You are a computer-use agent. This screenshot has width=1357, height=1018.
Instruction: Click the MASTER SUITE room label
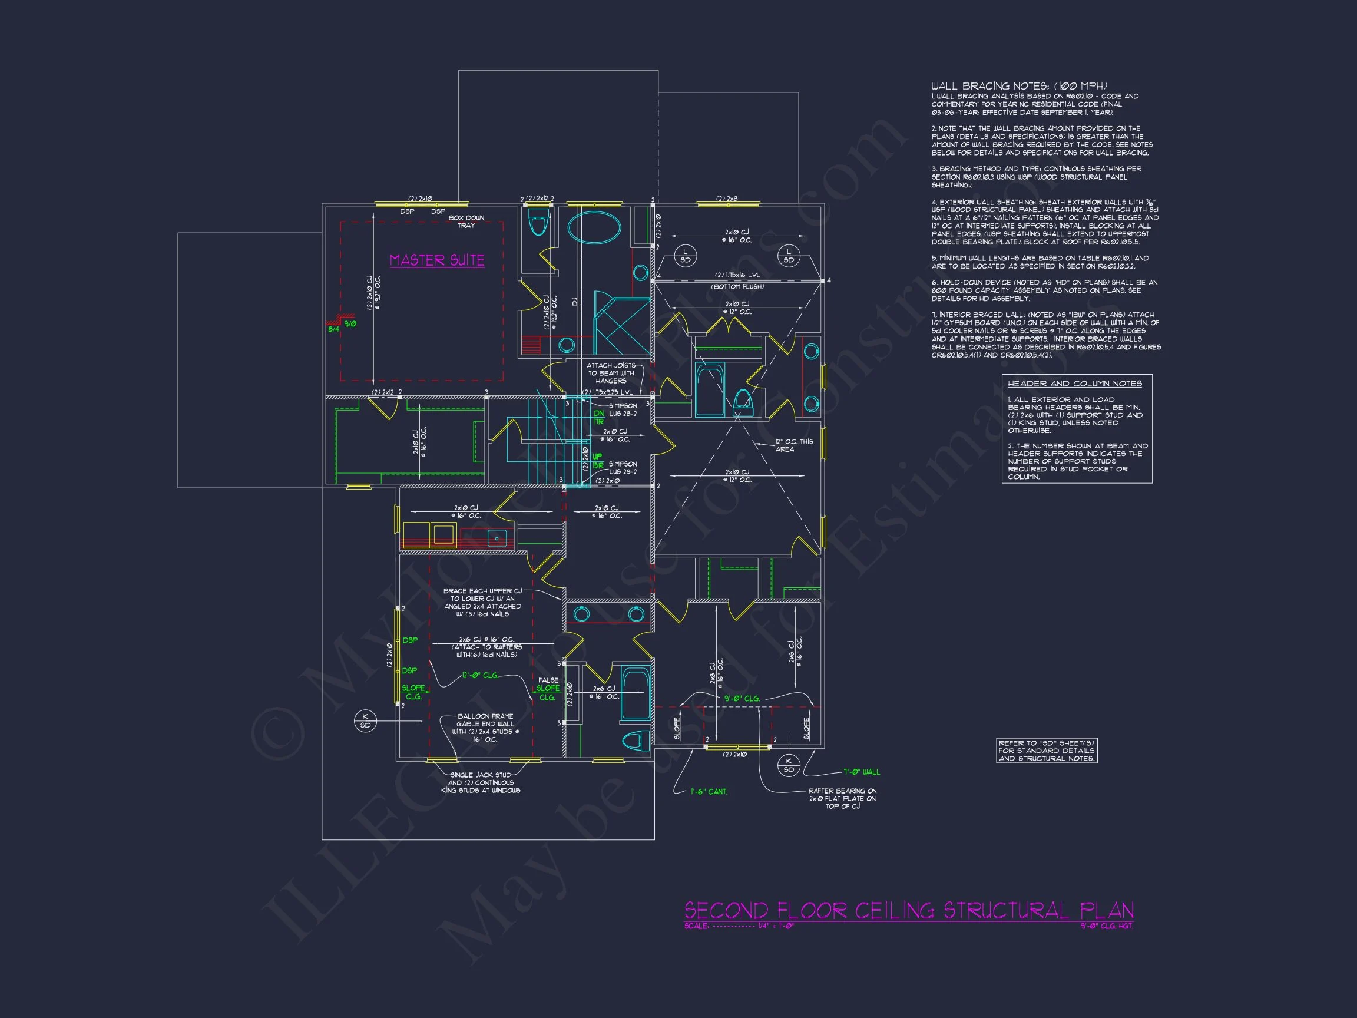click(x=437, y=260)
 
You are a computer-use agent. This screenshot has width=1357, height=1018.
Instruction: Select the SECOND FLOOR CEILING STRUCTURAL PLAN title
click(x=909, y=910)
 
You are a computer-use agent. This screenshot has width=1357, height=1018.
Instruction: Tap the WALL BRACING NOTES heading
click(x=1019, y=87)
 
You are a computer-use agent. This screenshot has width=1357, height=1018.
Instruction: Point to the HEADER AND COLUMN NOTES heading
click(x=1075, y=384)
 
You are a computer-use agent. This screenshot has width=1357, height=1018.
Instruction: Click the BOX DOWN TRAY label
click(x=466, y=222)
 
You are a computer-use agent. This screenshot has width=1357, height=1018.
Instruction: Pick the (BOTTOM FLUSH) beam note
click(x=737, y=287)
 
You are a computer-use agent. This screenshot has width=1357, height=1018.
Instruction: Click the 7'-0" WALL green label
click(x=861, y=772)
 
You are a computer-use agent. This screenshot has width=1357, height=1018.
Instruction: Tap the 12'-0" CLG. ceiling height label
click(x=481, y=676)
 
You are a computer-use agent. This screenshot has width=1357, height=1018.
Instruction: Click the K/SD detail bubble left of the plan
click(x=365, y=721)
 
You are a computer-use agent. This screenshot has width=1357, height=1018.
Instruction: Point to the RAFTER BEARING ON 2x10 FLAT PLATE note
click(x=842, y=798)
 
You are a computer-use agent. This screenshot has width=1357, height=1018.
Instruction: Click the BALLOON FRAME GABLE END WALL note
click(x=485, y=728)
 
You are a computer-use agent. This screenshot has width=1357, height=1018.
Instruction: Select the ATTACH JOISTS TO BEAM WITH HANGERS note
click(x=610, y=373)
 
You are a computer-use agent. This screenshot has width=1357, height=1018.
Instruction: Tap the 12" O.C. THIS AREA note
click(x=793, y=445)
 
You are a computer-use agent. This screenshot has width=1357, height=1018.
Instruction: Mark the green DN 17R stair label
click(x=599, y=417)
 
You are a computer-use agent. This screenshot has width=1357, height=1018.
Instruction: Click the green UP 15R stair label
click(x=597, y=461)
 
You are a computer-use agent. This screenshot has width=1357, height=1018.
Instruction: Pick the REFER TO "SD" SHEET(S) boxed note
click(x=1046, y=751)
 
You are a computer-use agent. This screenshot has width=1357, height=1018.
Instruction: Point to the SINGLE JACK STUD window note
click(x=481, y=782)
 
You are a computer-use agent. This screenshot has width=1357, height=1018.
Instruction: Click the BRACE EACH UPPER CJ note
click(x=483, y=602)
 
